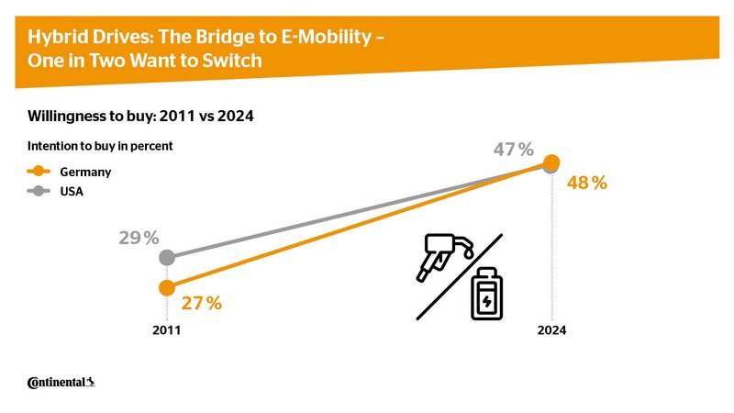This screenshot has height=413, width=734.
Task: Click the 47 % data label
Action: click(514, 150)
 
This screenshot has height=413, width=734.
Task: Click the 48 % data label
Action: click(588, 183)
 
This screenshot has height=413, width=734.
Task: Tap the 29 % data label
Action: click(138, 239)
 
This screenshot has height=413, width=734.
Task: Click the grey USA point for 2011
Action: click(166, 258)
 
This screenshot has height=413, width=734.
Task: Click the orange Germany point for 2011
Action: click(166, 288)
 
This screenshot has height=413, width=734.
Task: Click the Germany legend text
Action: click(85, 172)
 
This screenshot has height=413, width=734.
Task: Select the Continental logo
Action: click(61, 382)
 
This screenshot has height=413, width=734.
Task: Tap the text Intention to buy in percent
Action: click(100, 146)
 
